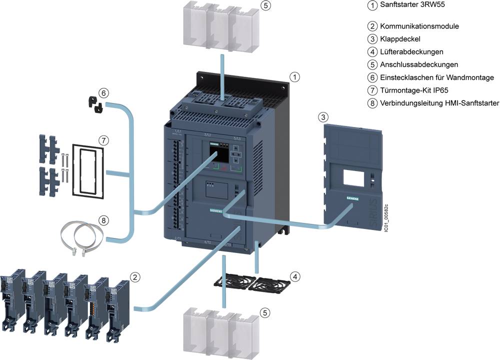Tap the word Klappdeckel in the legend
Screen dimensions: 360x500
tap(400, 39)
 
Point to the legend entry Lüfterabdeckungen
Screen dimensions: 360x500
tap(411, 51)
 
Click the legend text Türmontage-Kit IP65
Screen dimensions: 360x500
tap(416, 90)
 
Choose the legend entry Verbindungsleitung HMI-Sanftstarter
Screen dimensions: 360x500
tap(439, 103)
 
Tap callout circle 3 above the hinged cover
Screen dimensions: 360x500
tap(323, 117)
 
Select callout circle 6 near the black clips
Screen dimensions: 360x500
tap(103, 92)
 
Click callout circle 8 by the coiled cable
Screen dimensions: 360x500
tap(103, 220)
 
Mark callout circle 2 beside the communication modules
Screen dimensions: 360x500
tap(134, 276)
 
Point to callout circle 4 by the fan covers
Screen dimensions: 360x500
tap(296, 276)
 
